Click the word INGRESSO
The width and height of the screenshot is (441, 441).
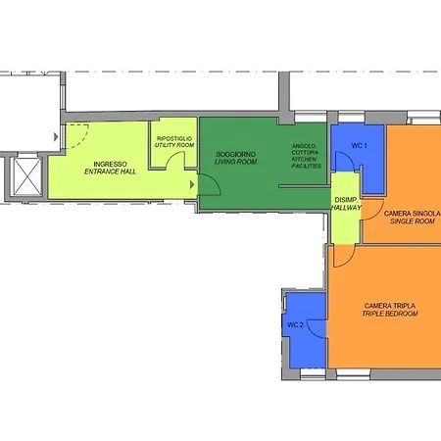[x=110, y=164]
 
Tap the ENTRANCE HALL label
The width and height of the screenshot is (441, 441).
[x=110, y=171]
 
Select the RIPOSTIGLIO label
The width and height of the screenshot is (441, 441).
[x=174, y=138]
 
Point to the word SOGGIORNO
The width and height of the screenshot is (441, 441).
[x=236, y=154]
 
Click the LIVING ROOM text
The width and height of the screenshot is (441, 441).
[x=236, y=162]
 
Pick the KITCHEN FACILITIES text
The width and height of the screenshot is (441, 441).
[x=307, y=163]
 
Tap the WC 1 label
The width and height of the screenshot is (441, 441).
[x=360, y=146]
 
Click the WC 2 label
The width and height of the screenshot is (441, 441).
[x=295, y=325]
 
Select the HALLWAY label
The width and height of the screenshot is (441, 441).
[x=346, y=208]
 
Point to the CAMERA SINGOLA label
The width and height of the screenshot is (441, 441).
[x=413, y=214]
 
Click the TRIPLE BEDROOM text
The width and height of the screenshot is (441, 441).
[x=390, y=314]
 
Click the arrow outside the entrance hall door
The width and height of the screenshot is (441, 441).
[x=56, y=137]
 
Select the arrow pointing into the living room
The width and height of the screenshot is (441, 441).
[x=192, y=185]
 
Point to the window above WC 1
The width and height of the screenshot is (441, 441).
[x=351, y=117]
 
